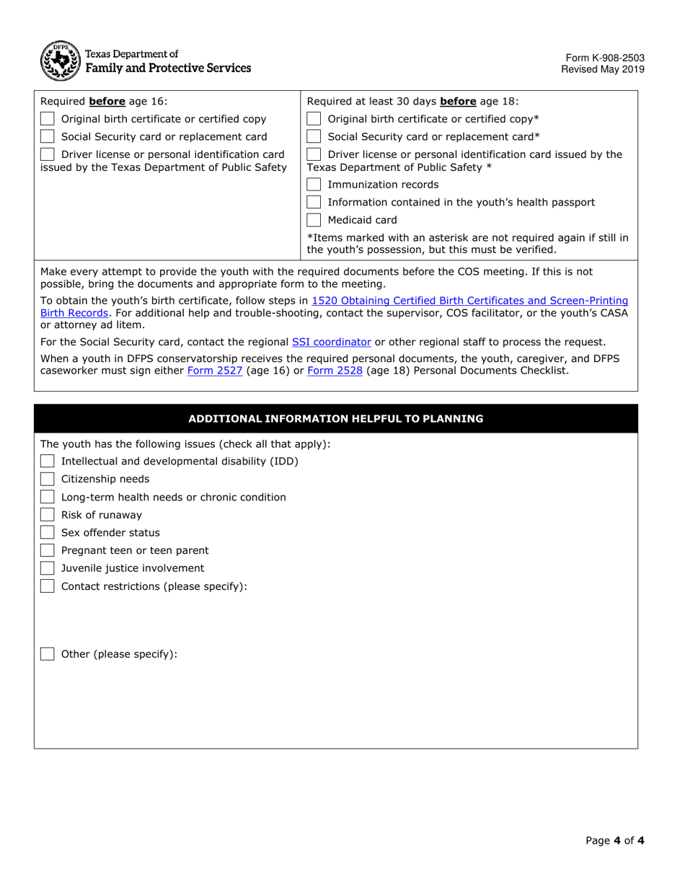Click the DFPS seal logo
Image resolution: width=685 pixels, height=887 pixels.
(x=60, y=61)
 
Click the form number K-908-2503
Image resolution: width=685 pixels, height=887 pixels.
(x=604, y=58)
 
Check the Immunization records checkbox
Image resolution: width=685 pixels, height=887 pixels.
(x=314, y=185)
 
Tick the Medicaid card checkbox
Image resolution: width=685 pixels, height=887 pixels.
(x=314, y=220)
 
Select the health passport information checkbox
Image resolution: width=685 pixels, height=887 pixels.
(x=314, y=203)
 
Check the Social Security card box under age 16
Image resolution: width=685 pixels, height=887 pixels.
(x=48, y=137)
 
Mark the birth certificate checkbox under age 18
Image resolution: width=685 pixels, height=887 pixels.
(x=314, y=119)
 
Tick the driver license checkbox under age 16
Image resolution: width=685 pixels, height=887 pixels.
(x=48, y=154)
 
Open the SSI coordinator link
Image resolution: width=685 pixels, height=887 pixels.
(x=331, y=342)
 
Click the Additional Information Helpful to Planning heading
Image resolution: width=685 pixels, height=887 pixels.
(x=336, y=418)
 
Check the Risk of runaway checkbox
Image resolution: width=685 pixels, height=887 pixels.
(x=48, y=515)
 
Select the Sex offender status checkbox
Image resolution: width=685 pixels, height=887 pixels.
(x=48, y=533)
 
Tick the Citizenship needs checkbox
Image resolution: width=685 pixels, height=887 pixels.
(x=48, y=480)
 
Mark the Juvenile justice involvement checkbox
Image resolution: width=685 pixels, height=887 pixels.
(x=48, y=568)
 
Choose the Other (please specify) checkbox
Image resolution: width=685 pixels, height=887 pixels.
(x=48, y=654)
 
